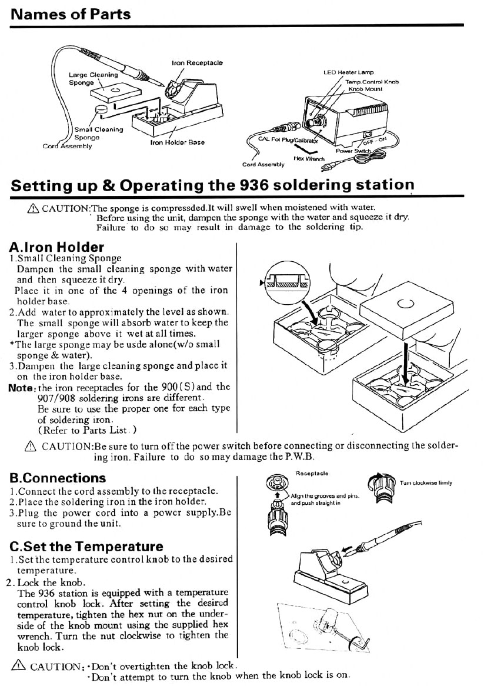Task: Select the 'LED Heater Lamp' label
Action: click(349, 73)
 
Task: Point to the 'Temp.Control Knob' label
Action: click(372, 82)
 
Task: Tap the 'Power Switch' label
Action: click(353, 151)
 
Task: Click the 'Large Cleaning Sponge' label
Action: click(93, 79)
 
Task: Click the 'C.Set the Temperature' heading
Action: click(86, 547)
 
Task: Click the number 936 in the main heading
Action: click(256, 185)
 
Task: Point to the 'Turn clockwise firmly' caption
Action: click(426, 483)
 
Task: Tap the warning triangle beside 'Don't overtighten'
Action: click(18, 666)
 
